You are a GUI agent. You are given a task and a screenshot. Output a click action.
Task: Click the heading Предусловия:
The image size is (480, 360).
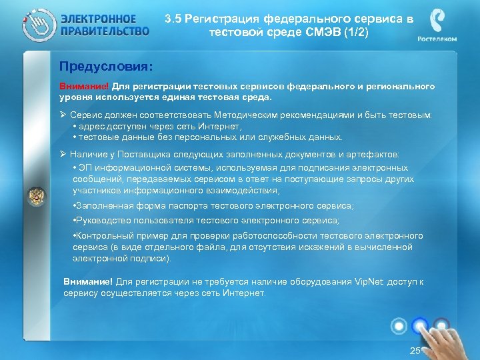click(x=105, y=67)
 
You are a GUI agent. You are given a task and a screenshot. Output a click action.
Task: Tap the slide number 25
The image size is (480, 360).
click(x=415, y=351)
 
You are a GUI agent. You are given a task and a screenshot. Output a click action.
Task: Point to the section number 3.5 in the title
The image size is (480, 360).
click(x=174, y=19)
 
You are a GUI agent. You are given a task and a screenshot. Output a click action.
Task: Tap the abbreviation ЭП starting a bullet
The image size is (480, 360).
click(x=86, y=167)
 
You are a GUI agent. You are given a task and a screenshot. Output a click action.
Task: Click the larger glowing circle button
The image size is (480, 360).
click(x=421, y=325)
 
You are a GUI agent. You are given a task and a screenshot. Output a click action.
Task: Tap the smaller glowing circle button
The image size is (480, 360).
click(x=399, y=325)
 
